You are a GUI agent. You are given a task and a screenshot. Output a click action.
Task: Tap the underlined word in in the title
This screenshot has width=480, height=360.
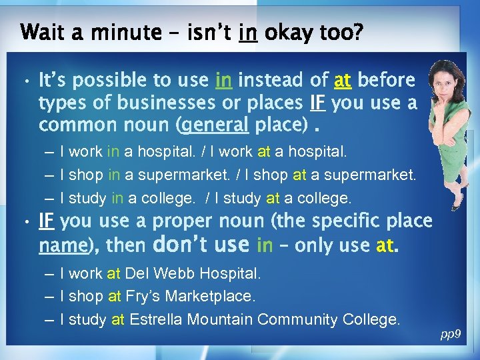(247, 31)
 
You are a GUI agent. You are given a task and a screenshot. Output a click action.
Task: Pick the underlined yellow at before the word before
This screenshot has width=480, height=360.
(343, 81)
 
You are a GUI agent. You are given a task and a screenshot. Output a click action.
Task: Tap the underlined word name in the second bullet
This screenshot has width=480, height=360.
(62, 246)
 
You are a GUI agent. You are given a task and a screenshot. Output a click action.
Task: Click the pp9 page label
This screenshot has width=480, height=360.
(451, 333)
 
